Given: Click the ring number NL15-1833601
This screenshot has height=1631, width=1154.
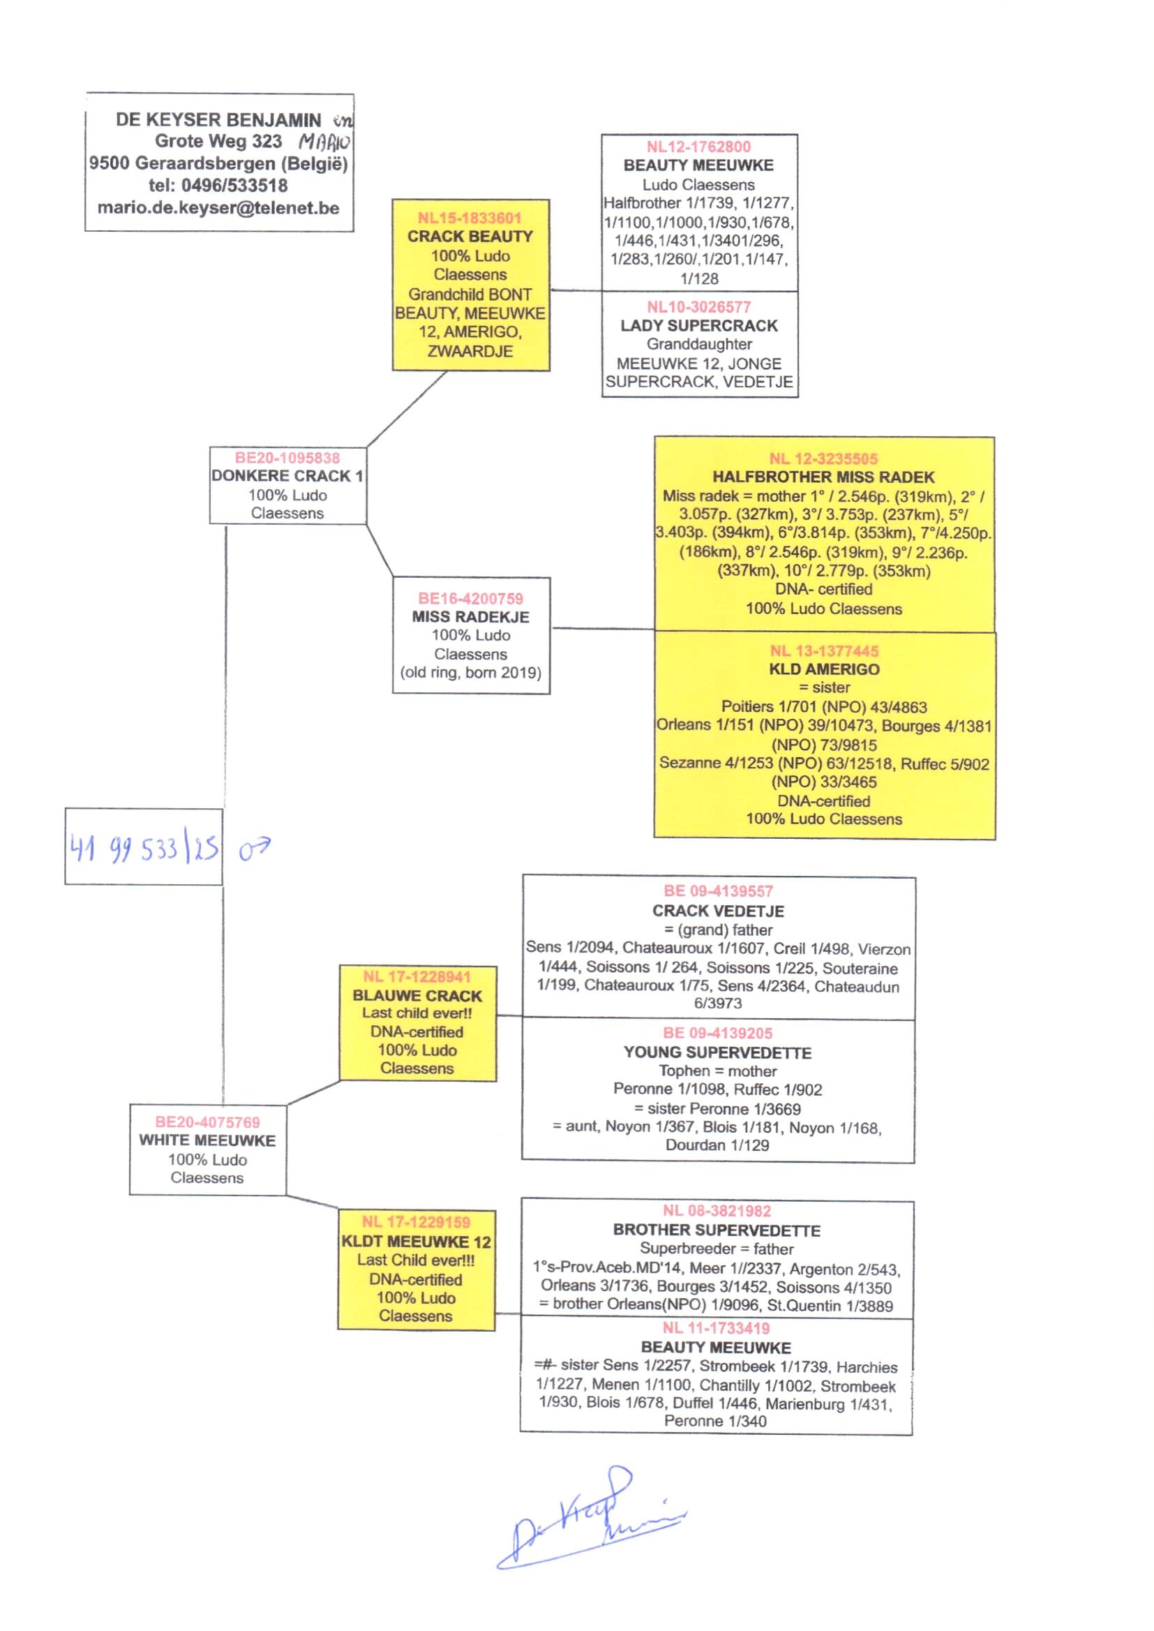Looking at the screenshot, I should point(469,218).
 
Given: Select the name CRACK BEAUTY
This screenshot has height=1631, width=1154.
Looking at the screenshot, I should point(470,237).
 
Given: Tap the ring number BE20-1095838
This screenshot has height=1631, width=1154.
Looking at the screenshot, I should point(287,458).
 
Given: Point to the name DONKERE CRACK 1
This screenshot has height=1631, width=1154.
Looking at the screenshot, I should point(287,475).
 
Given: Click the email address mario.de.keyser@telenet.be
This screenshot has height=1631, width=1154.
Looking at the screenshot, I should point(218,208).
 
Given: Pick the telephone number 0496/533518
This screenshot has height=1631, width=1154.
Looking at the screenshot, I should point(234,186).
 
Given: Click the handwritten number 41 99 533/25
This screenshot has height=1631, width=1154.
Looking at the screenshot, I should point(144,848).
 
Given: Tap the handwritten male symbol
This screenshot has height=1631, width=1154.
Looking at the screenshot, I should point(254,848).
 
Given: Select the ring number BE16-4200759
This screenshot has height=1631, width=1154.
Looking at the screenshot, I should point(470,598).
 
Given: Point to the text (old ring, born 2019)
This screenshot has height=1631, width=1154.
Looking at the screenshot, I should point(470,672).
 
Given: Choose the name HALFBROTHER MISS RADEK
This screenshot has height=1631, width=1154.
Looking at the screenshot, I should point(823,477).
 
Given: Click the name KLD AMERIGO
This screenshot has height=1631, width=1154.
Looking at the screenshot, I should point(823,669).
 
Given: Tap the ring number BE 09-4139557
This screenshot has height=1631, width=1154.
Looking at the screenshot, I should point(718,891).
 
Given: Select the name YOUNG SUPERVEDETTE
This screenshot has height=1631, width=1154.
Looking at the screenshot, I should point(717,1052).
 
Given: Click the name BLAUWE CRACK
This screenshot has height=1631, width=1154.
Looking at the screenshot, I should point(417,996).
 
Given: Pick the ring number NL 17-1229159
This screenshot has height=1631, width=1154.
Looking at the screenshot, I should point(416,1222).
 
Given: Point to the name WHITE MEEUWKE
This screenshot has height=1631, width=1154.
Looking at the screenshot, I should point(207,1140).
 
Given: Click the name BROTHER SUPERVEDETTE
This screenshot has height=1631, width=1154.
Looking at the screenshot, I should point(717,1230).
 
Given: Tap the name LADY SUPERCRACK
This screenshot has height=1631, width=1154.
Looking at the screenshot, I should point(698,325).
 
